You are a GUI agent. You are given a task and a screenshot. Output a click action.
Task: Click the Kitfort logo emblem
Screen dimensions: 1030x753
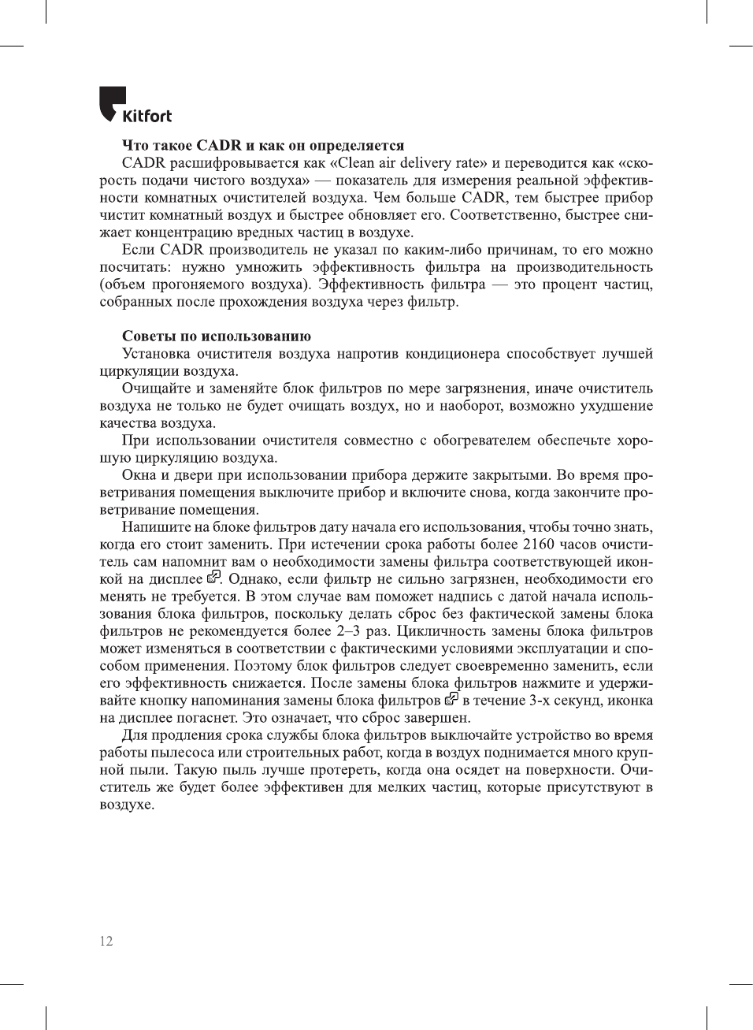(x=111, y=102)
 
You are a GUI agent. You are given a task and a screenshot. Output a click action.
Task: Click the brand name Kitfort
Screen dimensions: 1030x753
(x=147, y=117)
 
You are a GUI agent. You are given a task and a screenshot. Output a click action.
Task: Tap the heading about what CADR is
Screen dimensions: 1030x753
(x=263, y=145)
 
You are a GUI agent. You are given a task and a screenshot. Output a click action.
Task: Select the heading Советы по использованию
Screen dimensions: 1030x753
(x=217, y=336)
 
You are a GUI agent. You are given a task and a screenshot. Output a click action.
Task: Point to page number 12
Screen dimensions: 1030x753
(x=106, y=941)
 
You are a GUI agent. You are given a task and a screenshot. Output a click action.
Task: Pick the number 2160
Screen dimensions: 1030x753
(x=539, y=545)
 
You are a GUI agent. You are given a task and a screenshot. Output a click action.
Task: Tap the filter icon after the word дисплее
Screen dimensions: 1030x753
(x=213, y=578)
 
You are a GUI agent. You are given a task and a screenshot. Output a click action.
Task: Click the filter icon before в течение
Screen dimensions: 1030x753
(x=451, y=699)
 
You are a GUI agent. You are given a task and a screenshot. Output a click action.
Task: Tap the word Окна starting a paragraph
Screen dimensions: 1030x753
(x=139, y=475)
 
